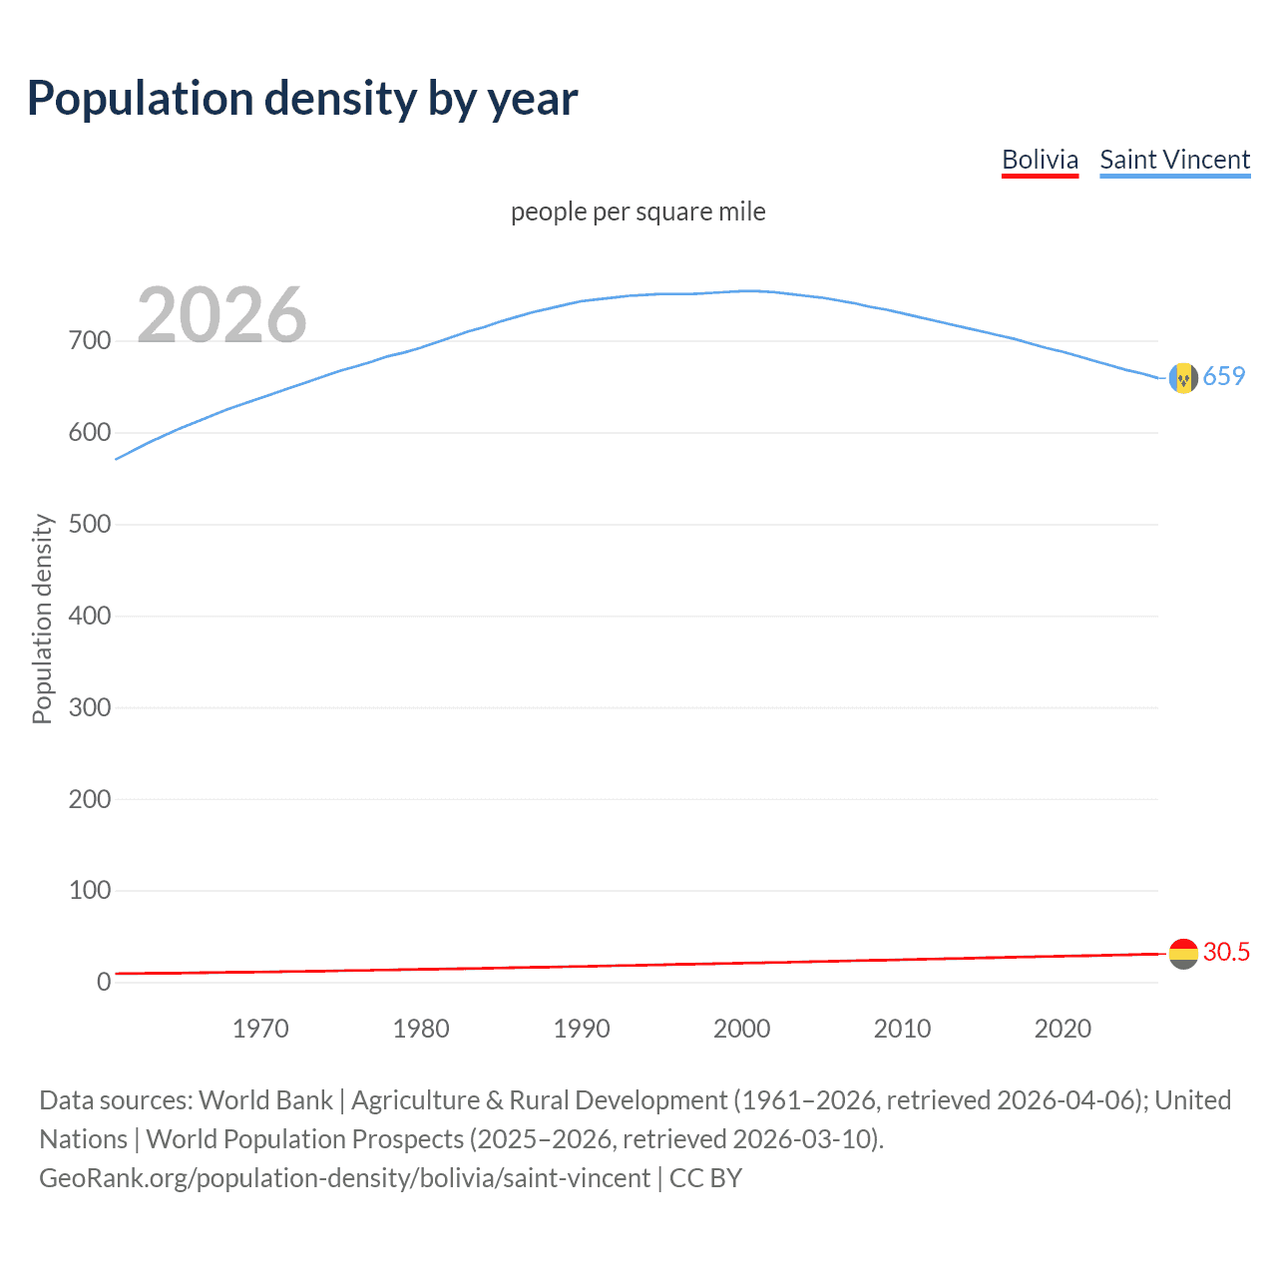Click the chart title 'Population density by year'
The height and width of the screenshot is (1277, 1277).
(x=302, y=99)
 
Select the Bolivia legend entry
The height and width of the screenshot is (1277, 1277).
(x=1040, y=161)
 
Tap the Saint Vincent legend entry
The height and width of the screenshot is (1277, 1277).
(x=1174, y=161)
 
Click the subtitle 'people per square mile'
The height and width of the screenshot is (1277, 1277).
(x=638, y=213)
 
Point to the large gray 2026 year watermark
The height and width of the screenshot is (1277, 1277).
(x=221, y=315)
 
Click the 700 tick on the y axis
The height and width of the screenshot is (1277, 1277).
(x=90, y=341)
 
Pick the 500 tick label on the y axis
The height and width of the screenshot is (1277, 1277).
(x=90, y=525)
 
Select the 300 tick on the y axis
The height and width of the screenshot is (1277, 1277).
(x=90, y=708)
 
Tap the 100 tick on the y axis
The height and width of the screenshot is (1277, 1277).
(x=90, y=891)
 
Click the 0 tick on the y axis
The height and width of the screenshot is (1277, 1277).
(x=104, y=983)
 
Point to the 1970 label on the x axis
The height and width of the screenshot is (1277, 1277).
(x=260, y=1029)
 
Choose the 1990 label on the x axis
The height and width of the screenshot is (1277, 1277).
(x=582, y=1029)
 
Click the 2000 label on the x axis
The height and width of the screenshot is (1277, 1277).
(x=741, y=1029)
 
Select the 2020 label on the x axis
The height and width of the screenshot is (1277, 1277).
(x=1063, y=1029)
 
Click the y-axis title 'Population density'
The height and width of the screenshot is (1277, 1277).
(x=42, y=619)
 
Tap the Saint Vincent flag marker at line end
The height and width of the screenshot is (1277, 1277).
(x=1183, y=378)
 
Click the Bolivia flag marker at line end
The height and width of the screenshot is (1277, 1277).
(x=1183, y=954)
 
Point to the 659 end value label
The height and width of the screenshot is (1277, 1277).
(x=1224, y=376)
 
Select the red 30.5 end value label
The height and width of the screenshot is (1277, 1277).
(x=1226, y=952)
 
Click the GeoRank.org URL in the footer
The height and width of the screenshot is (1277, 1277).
(x=344, y=1178)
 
